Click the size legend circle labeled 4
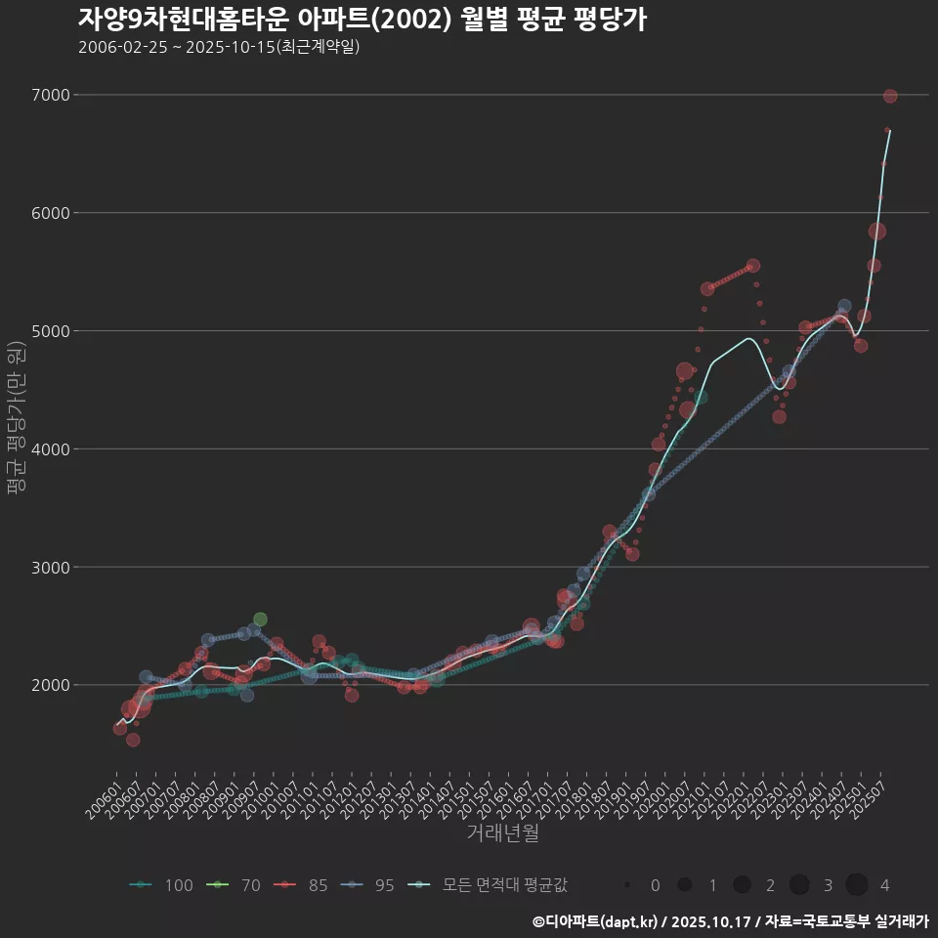[857, 885]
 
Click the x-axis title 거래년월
[502, 832]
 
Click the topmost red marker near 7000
[890, 96]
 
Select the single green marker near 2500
[260, 619]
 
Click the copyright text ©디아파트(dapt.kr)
[596, 921]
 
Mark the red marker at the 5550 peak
[752, 266]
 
